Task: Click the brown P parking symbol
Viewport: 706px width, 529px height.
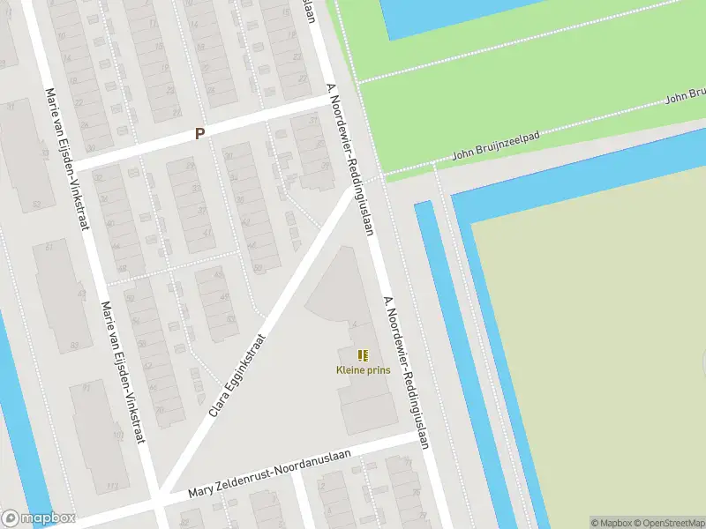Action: point(200,134)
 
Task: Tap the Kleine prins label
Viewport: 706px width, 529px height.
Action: point(363,370)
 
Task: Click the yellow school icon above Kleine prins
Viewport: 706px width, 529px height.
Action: point(363,355)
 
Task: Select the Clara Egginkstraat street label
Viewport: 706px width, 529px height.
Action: point(237,375)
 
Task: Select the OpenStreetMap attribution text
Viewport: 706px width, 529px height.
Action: point(670,523)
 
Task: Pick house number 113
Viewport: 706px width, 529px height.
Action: point(111,486)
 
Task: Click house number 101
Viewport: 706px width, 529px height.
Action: point(117,436)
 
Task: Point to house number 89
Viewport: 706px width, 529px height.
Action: point(74,345)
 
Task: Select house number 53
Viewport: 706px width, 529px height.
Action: point(36,205)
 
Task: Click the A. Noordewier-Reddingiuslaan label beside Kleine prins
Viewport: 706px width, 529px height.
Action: point(405,371)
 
